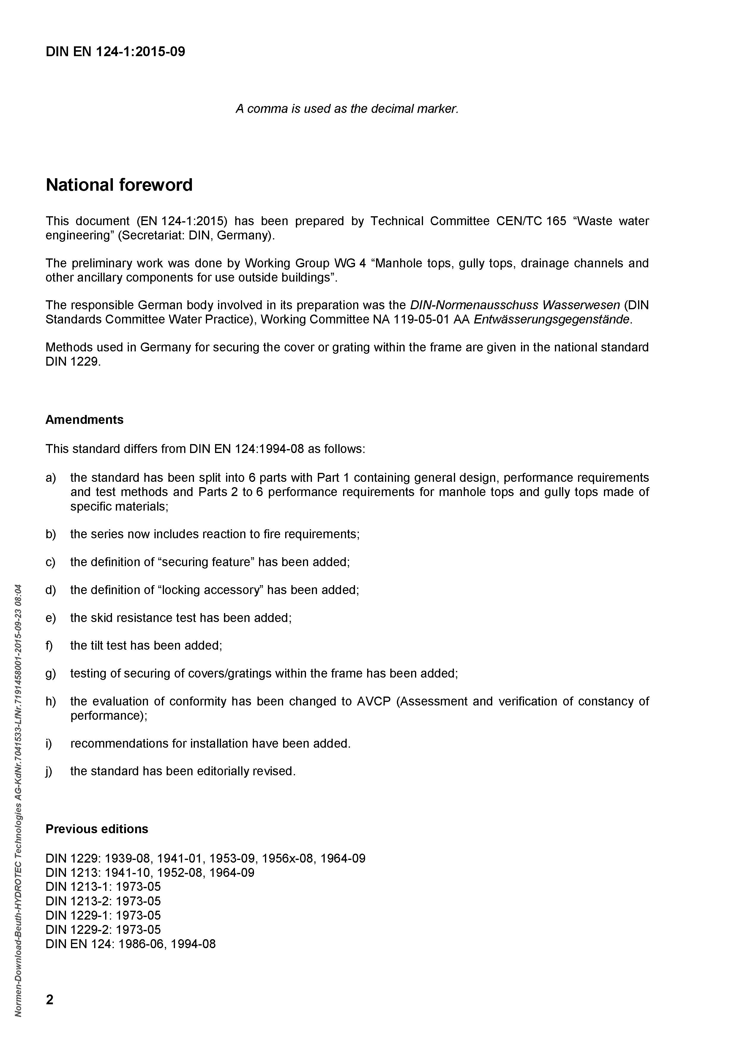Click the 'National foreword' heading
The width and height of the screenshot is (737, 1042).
[119, 185]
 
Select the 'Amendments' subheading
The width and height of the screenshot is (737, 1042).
[84, 419]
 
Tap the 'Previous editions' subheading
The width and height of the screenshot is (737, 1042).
[97, 829]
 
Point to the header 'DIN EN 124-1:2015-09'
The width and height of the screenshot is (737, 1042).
[115, 52]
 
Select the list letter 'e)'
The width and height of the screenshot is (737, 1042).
[50, 618]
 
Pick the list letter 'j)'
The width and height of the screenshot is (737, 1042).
[49, 771]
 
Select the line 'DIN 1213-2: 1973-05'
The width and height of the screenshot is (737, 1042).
[103, 901]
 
